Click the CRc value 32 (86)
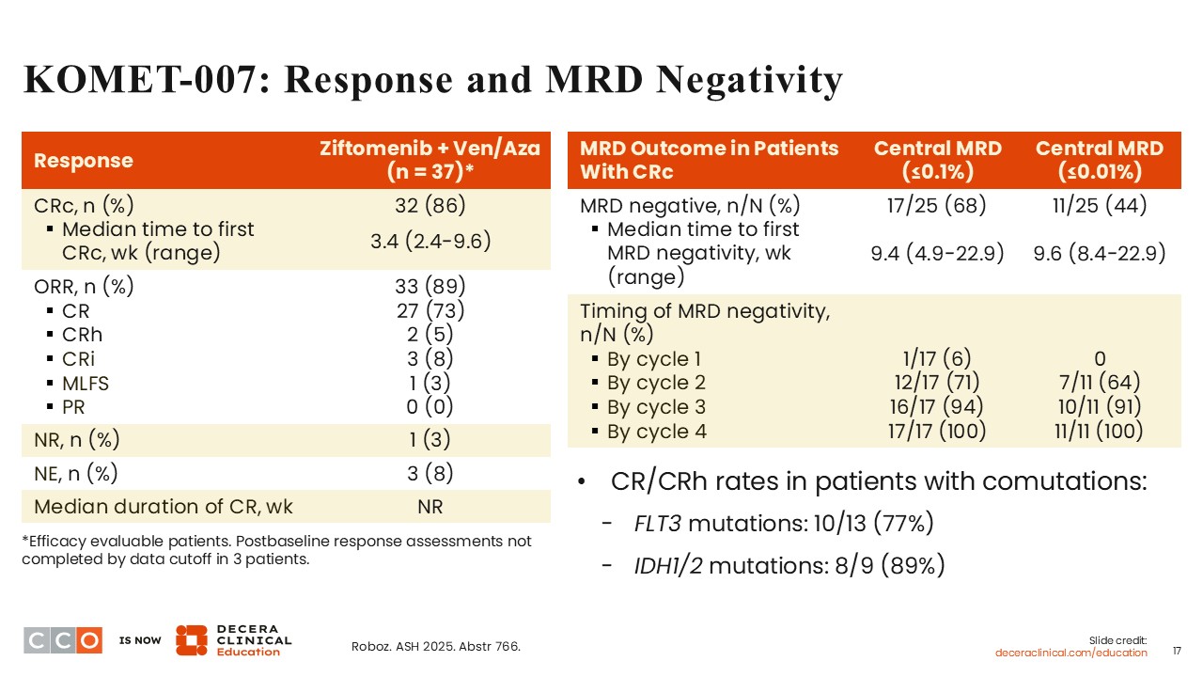tap(430, 204)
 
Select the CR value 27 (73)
tap(430, 311)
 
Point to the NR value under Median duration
tap(430, 507)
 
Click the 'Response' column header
tap(84, 161)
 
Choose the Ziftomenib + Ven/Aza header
tap(430, 161)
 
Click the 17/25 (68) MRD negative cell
tap(937, 204)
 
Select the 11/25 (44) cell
tap(1099, 204)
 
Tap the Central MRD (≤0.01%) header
tap(1099, 160)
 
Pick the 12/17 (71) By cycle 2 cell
tap(937, 383)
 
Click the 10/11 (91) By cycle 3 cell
tap(1099, 407)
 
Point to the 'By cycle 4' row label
tap(656, 432)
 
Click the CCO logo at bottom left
tap(62, 639)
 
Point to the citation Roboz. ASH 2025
tap(435, 646)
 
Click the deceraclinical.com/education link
tap(1071, 653)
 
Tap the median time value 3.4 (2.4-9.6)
tap(430, 240)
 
